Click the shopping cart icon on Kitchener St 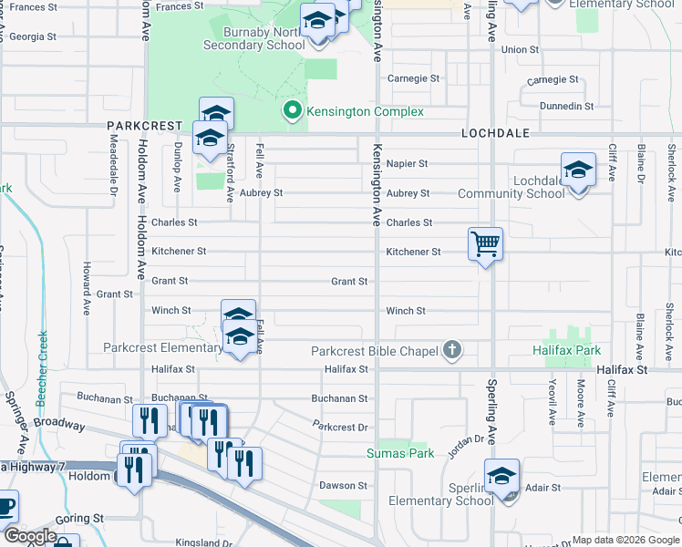(x=485, y=244)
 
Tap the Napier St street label (x=407, y=164)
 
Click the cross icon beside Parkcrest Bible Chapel (x=451, y=350)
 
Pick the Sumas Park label (x=399, y=452)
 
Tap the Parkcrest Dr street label (x=339, y=427)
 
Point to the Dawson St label (x=343, y=486)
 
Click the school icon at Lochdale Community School (x=578, y=170)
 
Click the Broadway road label (x=59, y=425)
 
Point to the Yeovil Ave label (x=553, y=405)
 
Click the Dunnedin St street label (x=558, y=107)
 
